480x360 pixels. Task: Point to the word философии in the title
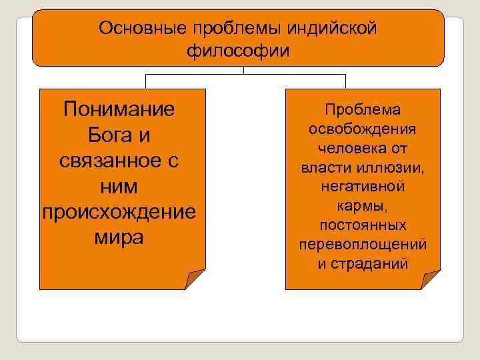click(239, 51)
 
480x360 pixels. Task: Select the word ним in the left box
click(119, 186)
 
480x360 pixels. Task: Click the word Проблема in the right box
click(363, 110)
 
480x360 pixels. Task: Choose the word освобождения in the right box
click(363, 129)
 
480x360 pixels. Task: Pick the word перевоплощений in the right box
click(363, 243)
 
